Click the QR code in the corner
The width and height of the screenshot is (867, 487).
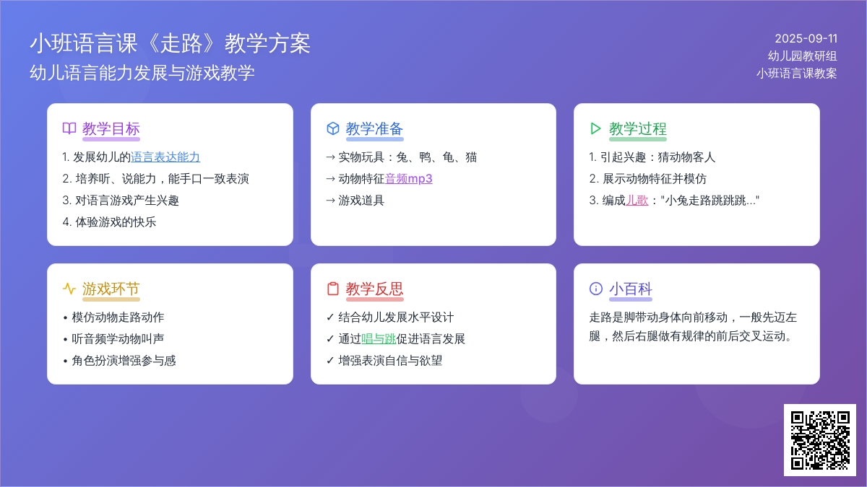pyautogui.click(x=820, y=440)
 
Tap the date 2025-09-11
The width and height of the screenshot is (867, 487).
pyautogui.click(x=806, y=39)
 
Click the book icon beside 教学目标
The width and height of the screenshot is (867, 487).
pyautogui.click(x=69, y=128)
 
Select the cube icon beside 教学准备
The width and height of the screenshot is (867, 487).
pyautogui.click(x=333, y=128)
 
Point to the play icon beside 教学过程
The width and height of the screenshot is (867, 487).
pyautogui.click(x=595, y=128)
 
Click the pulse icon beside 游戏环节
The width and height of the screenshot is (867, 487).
pyautogui.click(x=69, y=289)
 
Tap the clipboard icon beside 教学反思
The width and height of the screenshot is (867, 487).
pyautogui.click(x=333, y=289)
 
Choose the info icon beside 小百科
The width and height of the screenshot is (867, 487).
pyautogui.click(x=595, y=289)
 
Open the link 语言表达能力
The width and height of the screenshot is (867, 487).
pyautogui.click(x=165, y=157)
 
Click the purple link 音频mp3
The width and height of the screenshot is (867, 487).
pyautogui.click(x=408, y=179)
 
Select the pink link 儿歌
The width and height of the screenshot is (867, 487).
pyautogui.click(x=637, y=201)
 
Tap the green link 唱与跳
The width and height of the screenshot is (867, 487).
pyautogui.click(x=379, y=338)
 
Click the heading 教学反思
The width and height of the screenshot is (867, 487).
pyautogui.click(x=374, y=289)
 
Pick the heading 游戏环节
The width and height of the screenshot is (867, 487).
pyautogui.click(x=111, y=289)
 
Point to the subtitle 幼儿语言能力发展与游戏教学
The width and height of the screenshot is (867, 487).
pyautogui.click(x=142, y=73)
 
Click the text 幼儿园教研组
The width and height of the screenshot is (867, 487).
pyautogui.click(x=803, y=56)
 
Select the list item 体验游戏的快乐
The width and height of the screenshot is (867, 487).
pyautogui.click(x=109, y=222)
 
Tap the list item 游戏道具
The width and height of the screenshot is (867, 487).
pyautogui.click(x=355, y=201)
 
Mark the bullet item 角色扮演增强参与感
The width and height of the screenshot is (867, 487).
pyautogui.click(x=120, y=360)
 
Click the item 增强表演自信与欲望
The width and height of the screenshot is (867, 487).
pyautogui.click(x=384, y=360)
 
